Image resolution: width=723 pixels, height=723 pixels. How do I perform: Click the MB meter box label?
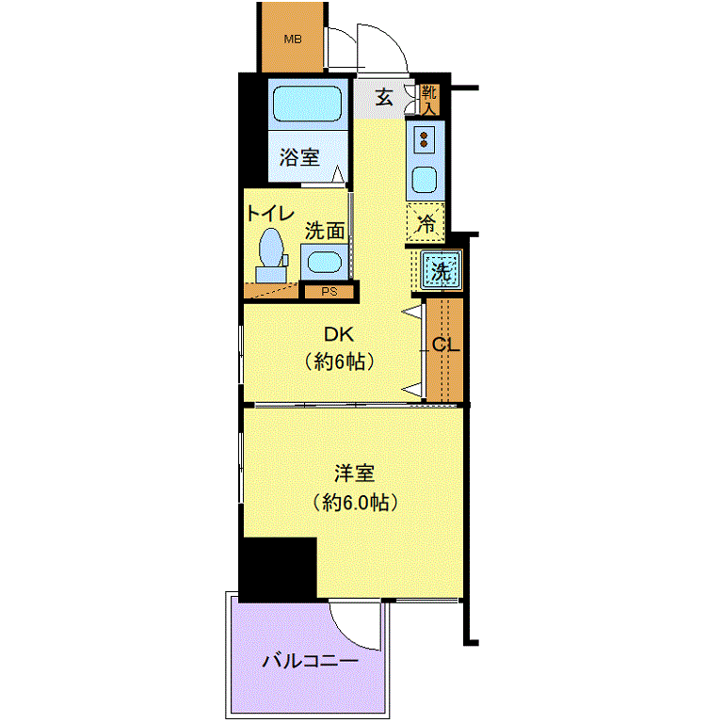pyautogui.click(x=293, y=40)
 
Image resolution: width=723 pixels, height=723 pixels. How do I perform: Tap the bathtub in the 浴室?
pyautogui.click(x=308, y=104)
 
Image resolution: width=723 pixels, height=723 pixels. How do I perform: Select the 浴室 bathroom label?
pyautogui.click(x=299, y=157)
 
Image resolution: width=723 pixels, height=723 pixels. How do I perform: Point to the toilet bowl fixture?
pyautogui.click(x=271, y=256)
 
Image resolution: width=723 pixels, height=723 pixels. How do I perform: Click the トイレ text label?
pyautogui.click(x=271, y=214)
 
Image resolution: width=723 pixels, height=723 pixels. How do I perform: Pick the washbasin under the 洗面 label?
pyautogui.click(x=324, y=263)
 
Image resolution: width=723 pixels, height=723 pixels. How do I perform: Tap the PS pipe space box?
pyautogui.click(x=329, y=292)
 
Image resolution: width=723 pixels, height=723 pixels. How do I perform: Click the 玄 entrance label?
pyautogui.click(x=384, y=97)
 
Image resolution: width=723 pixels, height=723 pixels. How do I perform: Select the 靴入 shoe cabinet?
pyautogui.click(x=429, y=100)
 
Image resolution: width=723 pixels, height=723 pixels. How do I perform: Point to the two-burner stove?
pyautogui.click(x=425, y=139)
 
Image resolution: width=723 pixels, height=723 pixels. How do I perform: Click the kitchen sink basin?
pyautogui.click(x=425, y=180)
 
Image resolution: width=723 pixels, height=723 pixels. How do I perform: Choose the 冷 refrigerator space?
pyautogui.click(x=426, y=223)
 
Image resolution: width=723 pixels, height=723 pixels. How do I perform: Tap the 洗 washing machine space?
pyautogui.click(x=441, y=271)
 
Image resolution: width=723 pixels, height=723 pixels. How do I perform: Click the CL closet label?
pyautogui.click(x=446, y=345)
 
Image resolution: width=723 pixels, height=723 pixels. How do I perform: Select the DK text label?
pyautogui.click(x=339, y=334)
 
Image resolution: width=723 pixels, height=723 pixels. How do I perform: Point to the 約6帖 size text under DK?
pyautogui.click(x=339, y=361)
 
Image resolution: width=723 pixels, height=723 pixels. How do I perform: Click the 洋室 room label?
pyautogui.click(x=354, y=474)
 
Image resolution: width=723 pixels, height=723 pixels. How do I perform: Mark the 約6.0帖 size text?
pyautogui.click(x=355, y=502)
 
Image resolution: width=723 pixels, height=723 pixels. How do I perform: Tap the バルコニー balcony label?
pyautogui.click(x=310, y=662)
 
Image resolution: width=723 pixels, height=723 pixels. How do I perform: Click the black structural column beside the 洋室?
pyautogui.click(x=279, y=570)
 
